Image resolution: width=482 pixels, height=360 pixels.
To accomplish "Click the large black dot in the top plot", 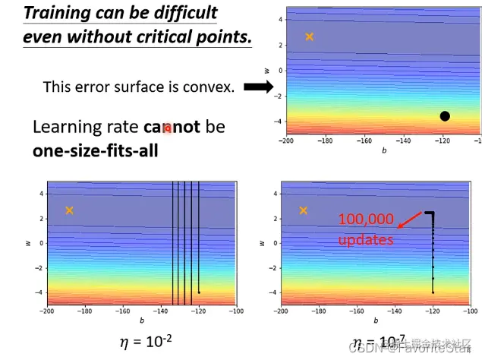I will [445, 116].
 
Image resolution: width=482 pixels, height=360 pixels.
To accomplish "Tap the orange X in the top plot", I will [309, 36].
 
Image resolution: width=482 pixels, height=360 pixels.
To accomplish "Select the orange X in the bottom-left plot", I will [69, 210].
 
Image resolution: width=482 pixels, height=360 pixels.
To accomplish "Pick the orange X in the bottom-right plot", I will [304, 210].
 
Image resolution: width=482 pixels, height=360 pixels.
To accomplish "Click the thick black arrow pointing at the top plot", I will [258, 87].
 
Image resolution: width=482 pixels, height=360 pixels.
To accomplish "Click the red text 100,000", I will [367, 220].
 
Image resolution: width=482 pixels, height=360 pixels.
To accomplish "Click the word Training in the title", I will [54, 13].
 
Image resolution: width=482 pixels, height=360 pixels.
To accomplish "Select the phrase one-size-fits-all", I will [95, 150].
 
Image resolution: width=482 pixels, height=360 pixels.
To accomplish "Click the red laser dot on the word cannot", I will [168, 128].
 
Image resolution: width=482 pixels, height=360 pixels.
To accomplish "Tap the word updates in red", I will [367, 238].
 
